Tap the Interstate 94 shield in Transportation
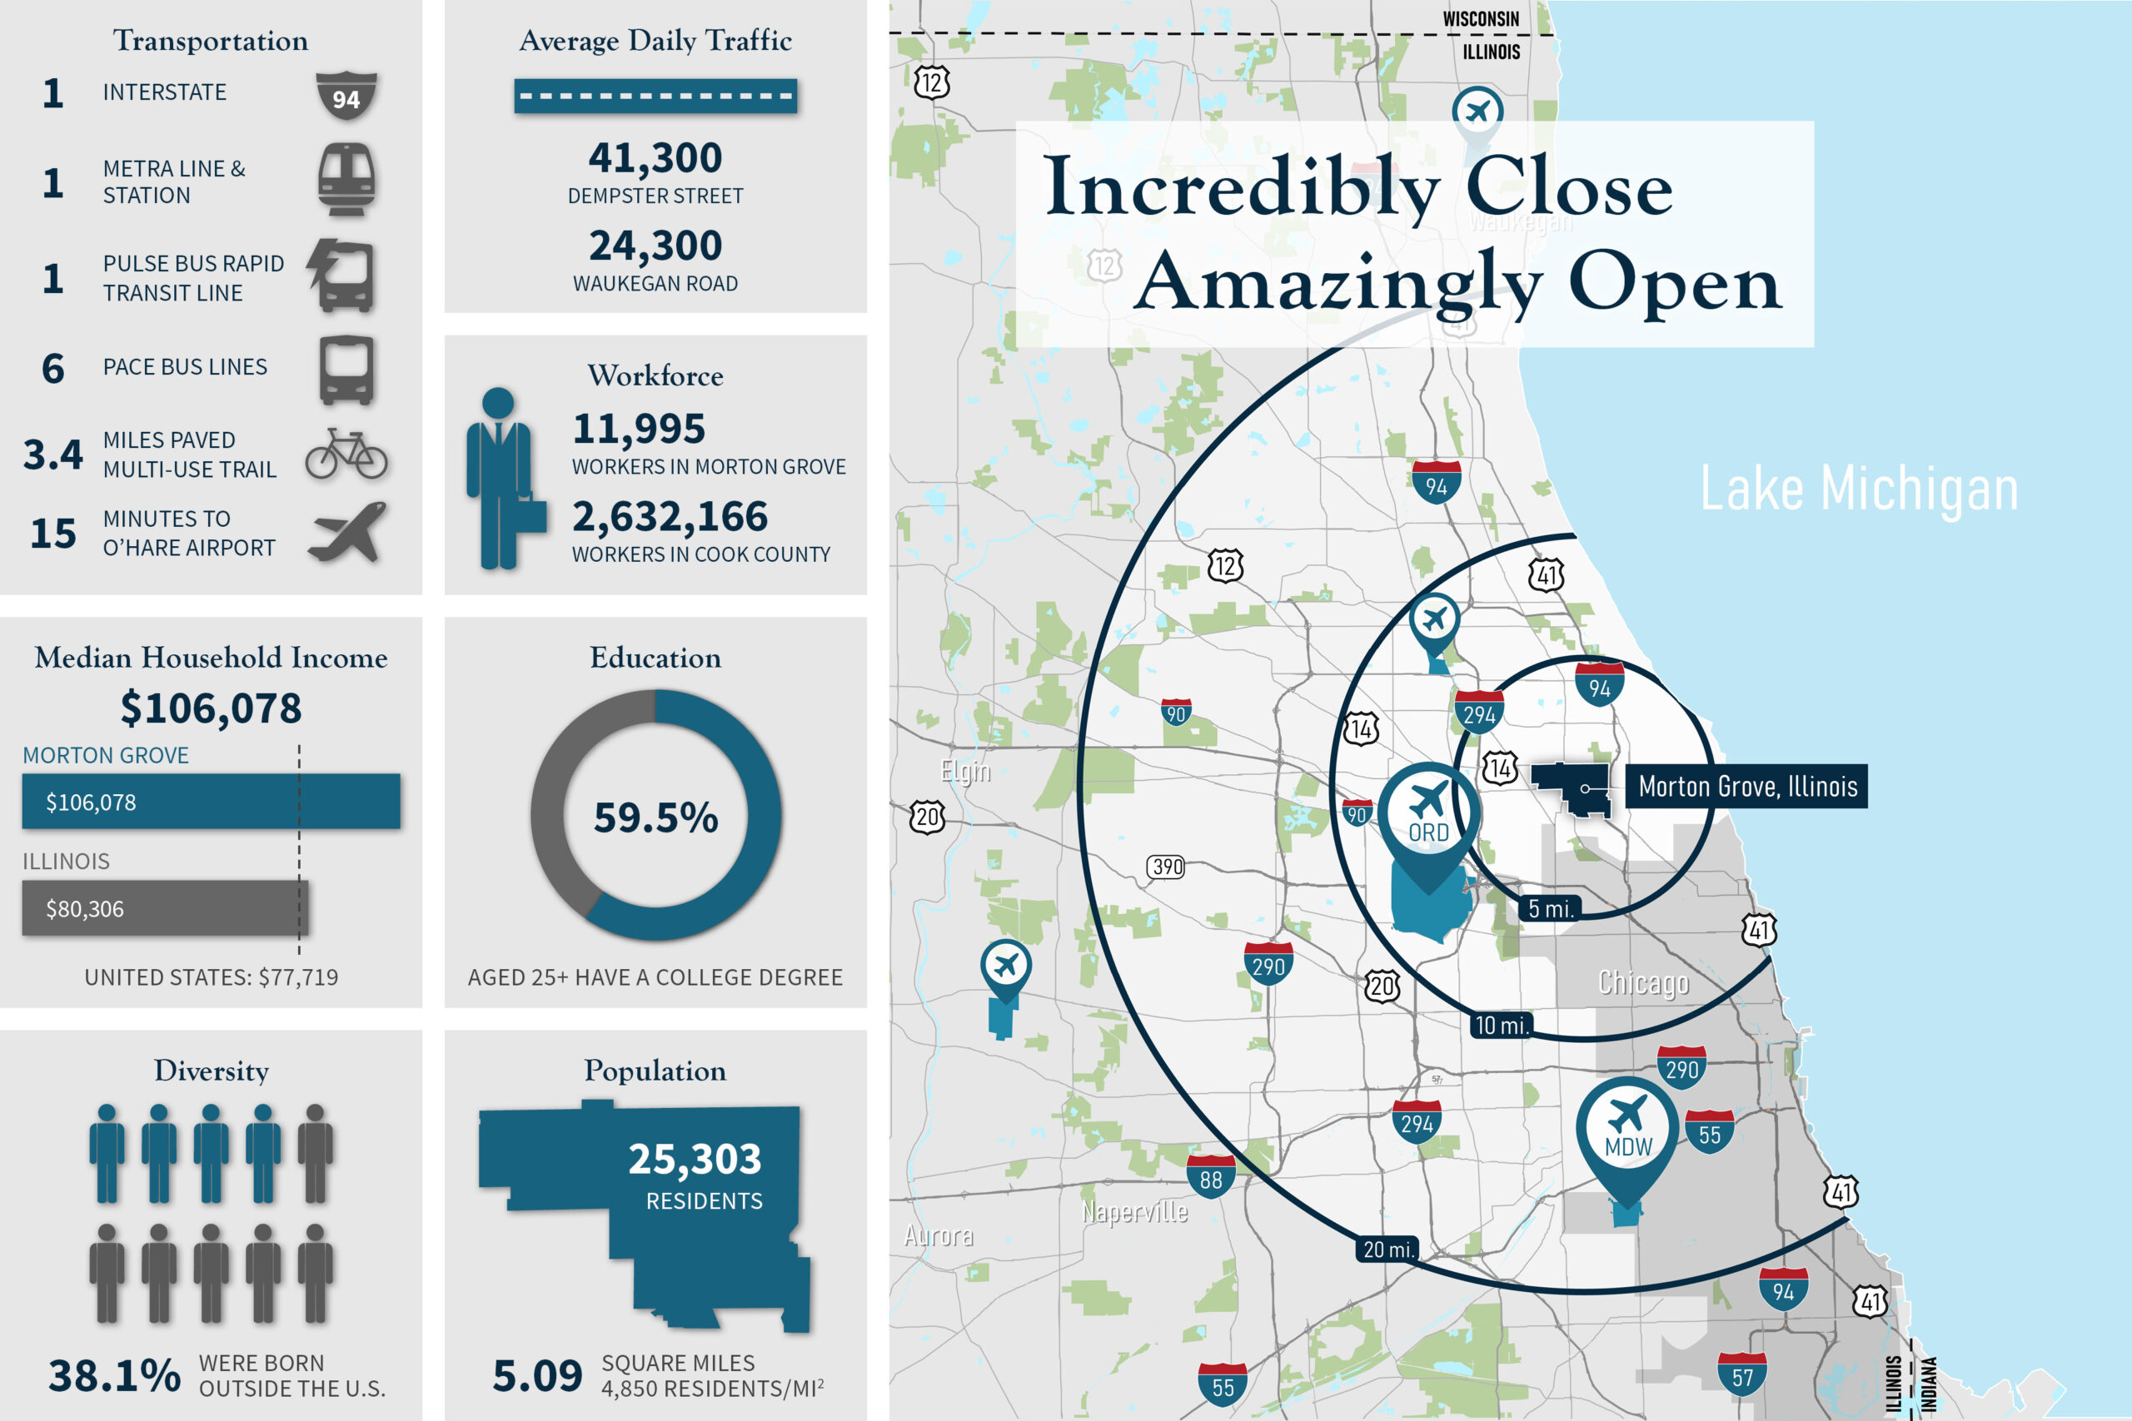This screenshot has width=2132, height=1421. point(346,96)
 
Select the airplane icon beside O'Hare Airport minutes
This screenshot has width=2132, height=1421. point(347,533)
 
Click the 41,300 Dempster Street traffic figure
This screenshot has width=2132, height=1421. point(655,157)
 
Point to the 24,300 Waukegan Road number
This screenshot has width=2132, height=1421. point(655,246)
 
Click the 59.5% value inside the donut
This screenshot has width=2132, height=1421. point(655,817)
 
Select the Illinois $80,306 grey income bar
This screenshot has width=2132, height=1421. point(165,908)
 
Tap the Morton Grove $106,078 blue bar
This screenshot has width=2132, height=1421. point(212,801)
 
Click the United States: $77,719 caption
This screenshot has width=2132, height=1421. point(212,977)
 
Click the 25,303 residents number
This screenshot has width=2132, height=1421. point(695,1159)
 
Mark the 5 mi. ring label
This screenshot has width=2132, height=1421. point(1550,908)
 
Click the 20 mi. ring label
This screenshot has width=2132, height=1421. point(1387,1250)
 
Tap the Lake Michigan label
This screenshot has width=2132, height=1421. point(1859,489)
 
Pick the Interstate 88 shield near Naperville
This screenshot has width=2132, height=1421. point(1211,1176)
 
